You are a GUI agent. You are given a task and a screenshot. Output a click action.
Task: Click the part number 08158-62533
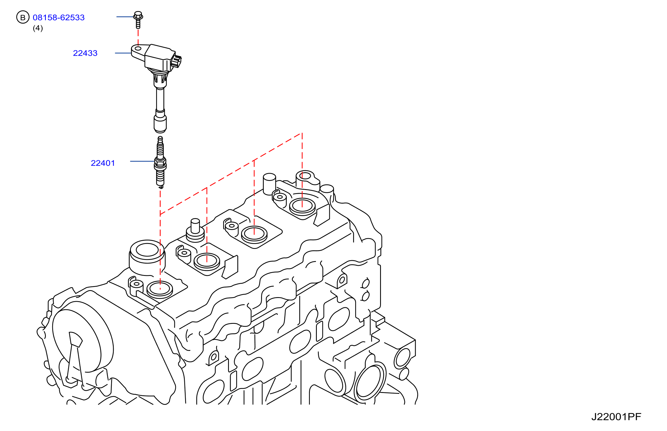click(x=59, y=17)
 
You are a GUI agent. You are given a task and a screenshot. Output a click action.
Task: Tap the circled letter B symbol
click(x=23, y=17)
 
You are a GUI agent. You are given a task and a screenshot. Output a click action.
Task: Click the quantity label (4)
click(x=38, y=28)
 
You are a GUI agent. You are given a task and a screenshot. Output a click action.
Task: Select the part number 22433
click(x=85, y=53)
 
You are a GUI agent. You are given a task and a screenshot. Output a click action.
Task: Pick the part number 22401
click(x=103, y=163)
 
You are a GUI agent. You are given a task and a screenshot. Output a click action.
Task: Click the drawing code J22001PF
click(x=616, y=417)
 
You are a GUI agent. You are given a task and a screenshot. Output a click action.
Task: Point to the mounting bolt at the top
click(x=138, y=20)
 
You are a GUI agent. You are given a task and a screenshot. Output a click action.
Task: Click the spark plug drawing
click(x=160, y=162)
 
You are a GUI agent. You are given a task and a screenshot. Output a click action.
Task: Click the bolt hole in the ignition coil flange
click(x=138, y=49)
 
